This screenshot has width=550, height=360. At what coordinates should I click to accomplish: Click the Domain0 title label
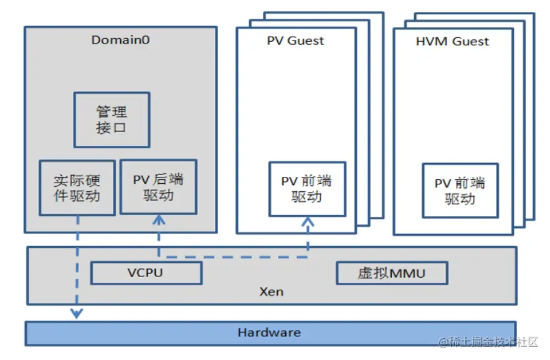point(120,40)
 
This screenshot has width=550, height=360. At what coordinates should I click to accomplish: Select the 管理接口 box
point(111,120)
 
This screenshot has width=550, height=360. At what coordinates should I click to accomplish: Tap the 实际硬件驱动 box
point(77,187)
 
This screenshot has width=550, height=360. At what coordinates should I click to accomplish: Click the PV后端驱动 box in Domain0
point(158,187)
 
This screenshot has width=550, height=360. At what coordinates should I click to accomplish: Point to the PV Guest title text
point(295,41)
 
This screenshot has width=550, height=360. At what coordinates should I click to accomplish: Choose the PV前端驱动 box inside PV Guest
point(306,189)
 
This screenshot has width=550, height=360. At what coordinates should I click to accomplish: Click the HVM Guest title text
point(452,42)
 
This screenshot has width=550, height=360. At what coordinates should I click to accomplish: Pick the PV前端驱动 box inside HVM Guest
point(460,191)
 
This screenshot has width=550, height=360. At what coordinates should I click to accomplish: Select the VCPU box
point(146,273)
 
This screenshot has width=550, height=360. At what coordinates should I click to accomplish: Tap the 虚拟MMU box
point(392,273)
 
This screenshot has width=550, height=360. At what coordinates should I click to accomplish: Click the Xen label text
point(271,291)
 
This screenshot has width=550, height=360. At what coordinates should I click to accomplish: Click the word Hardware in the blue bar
point(269,333)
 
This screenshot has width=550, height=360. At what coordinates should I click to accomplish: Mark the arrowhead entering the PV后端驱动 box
point(159,220)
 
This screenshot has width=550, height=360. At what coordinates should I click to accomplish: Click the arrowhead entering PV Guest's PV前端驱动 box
point(307,222)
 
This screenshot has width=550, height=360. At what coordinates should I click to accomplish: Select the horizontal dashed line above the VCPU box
point(233,255)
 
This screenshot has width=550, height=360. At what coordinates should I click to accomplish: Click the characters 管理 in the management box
point(111,111)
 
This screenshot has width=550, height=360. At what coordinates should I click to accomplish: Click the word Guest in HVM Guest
point(470,42)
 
